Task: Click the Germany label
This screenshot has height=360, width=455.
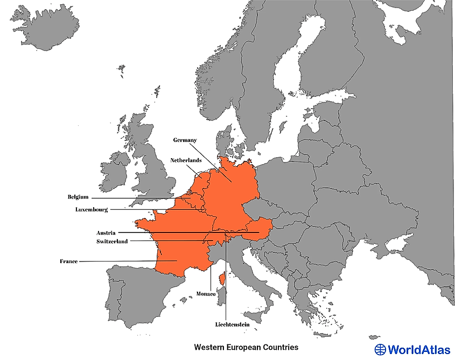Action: pyautogui.click(x=185, y=140)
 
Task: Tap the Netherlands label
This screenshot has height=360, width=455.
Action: pyautogui.click(x=186, y=160)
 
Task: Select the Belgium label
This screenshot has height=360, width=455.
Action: pyautogui.click(x=78, y=197)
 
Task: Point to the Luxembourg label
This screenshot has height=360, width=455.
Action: pyautogui.click(x=92, y=209)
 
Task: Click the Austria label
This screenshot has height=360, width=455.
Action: pyautogui.click(x=106, y=233)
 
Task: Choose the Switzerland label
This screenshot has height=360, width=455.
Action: pyautogui.click(x=112, y=242)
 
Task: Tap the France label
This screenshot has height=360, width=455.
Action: pyautogui.click(x=69, y=262)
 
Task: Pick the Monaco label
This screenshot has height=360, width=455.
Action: pyautogui.click(x=206, y=294)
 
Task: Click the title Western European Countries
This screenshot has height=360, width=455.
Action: pyautogui.click(x=246, y=348)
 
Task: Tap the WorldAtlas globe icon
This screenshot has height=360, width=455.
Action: pyautogui.click(x=380, y=350)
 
